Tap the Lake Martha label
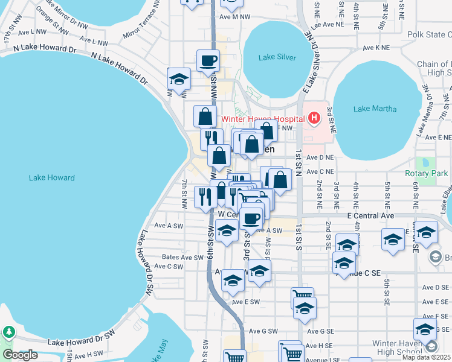375,109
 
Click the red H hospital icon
314,118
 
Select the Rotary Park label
426,173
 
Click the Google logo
20,355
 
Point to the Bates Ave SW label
182,257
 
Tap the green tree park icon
8,332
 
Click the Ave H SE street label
320,346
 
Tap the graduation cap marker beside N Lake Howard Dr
179,78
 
